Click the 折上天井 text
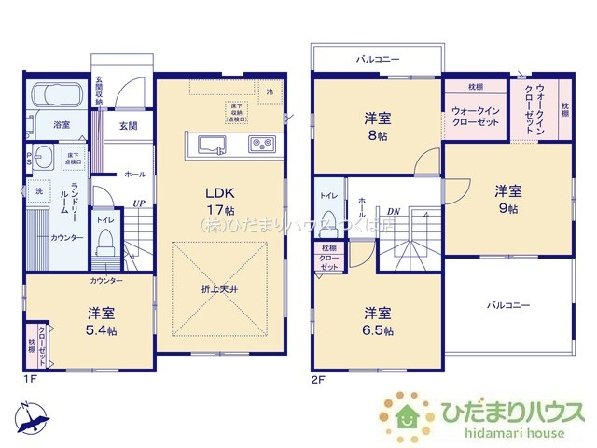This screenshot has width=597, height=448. tap(218, 288)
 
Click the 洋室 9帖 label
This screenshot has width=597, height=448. tap(507, 199)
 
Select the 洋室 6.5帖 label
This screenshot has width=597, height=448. tap(378, 321)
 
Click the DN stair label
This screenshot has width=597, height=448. tap(394, 211)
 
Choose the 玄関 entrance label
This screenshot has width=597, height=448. tap(128, 125)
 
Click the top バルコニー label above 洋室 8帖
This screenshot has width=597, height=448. tap(377, 59)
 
